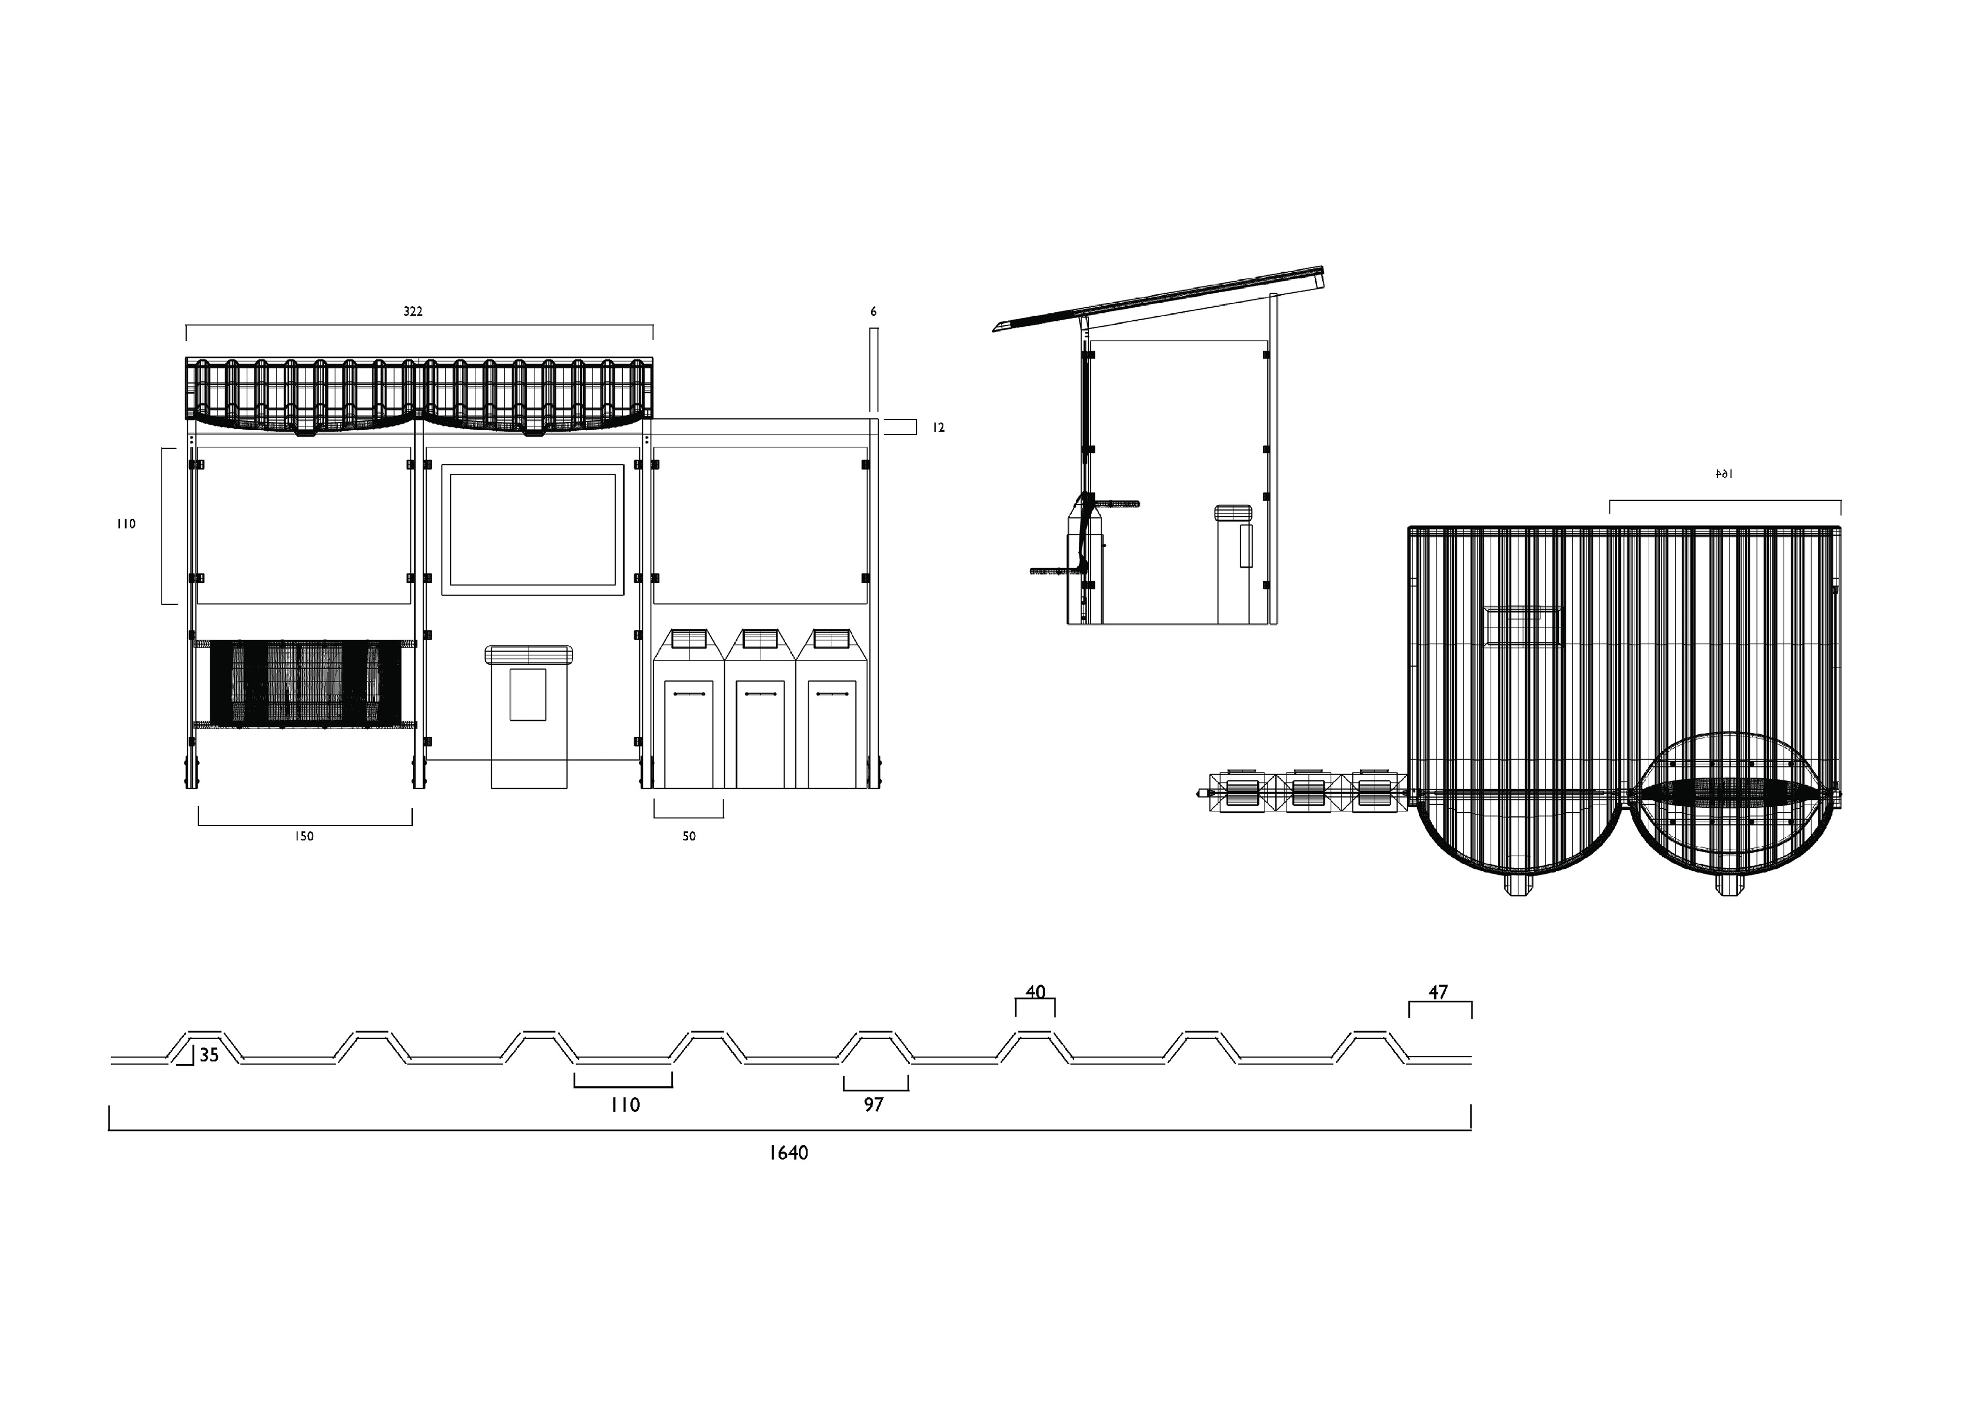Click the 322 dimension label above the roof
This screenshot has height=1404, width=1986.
(413, 311)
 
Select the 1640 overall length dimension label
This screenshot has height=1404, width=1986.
(788, 1152)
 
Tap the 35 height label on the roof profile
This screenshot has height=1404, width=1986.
(209, 1055)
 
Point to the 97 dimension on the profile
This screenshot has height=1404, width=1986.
(874, 1105)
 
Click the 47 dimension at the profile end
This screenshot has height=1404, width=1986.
(1438, 992)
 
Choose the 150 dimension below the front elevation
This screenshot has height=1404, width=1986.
(304, 837)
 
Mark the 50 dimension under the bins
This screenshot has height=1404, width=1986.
(688, 837)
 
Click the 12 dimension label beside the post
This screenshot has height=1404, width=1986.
(939, 427)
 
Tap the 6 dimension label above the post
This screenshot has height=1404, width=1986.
(874, 311)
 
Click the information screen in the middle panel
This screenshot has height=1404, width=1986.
(533, 530)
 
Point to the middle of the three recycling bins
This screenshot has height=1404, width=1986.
(759, 709)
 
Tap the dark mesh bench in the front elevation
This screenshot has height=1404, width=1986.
(305, 682)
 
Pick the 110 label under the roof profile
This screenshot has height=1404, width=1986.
(625, 1105)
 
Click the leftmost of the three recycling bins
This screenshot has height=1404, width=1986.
(688, 709)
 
